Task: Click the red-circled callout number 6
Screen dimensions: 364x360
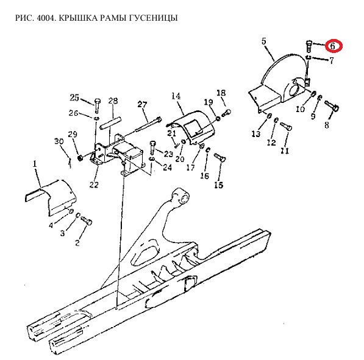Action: point(333,46)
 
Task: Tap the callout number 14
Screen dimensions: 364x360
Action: point(176,96)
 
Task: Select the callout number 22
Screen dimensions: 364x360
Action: point(94,185)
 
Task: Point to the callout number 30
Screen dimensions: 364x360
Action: point(59,141)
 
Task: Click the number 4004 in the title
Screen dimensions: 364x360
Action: point(46,18)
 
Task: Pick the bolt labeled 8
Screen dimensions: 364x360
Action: point(332,105)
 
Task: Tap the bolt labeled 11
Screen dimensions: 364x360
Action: point(286,126)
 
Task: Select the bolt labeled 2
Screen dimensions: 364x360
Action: point(87,221)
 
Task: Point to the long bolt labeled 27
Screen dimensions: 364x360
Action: point(149,124)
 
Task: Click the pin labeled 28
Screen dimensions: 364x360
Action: point(110,124)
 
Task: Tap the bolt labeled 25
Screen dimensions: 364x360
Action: point(98,105)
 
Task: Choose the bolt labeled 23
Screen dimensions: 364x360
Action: point(152,147)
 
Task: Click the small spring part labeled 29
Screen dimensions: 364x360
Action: point(80,158)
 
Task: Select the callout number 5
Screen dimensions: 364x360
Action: point(264,41)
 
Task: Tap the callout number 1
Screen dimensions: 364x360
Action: point(35,164)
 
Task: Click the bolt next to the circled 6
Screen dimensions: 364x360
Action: point(309,46)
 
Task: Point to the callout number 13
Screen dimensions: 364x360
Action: point(256,133)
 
